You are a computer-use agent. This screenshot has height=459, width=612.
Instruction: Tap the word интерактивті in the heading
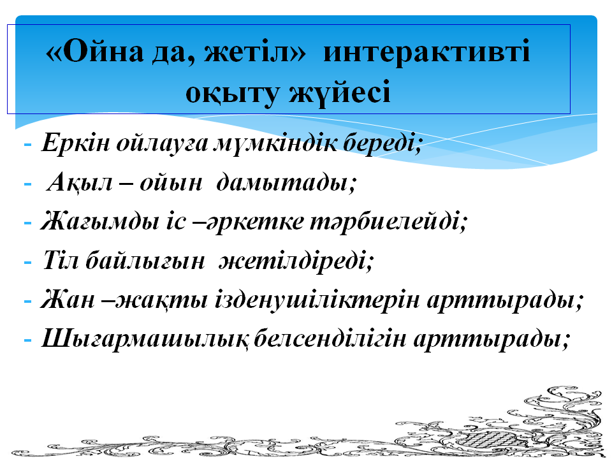[x=426, y=51]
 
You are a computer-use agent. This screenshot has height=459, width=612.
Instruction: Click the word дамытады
[x=286, y=182]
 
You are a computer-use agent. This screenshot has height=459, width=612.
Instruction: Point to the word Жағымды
[x=100, y=221]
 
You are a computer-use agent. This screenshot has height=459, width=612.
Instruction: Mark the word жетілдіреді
[x=295, y=260]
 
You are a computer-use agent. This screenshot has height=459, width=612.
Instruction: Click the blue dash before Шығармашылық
[x=27, y=340]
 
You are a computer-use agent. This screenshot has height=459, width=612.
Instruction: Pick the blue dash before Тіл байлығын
[x=27, y=262]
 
